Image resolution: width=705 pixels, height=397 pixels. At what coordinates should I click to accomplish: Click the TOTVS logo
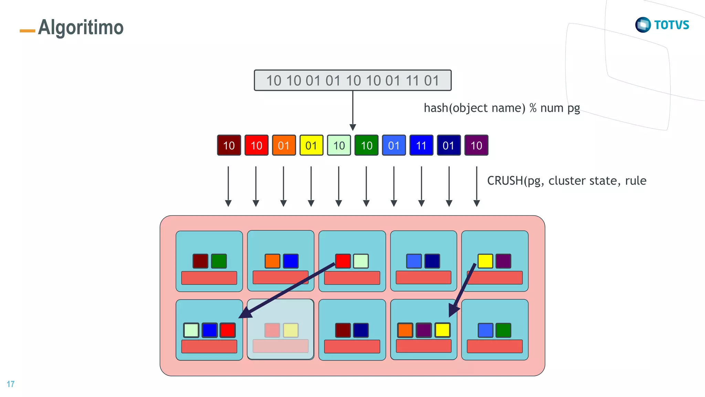[x=662, y=25]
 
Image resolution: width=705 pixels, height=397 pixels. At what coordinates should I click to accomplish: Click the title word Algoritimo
[x=81, y=28]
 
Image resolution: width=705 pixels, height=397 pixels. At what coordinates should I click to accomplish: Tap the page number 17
[x=11, y=384]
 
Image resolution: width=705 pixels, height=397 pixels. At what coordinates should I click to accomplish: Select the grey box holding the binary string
[x=352, y=81]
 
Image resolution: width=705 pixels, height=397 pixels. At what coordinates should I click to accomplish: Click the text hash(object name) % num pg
[x=502, y=108]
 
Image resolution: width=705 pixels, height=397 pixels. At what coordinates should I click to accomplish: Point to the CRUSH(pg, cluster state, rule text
[x=566, y=181]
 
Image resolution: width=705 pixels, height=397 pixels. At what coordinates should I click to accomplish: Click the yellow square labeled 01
[x=311, y=145]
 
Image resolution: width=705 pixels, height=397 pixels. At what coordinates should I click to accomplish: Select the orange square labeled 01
[x=284, y=145]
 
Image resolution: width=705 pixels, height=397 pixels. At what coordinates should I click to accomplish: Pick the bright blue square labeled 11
[x=421, y=145]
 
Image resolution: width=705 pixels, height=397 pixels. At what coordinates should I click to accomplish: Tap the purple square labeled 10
[x=476, y=145]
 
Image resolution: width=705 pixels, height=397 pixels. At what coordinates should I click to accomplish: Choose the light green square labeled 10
[x=339, y=145]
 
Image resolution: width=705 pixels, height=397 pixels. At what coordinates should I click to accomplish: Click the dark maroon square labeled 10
[x=229, y=145]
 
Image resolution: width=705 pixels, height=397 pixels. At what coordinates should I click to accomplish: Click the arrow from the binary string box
[x=352, y=110]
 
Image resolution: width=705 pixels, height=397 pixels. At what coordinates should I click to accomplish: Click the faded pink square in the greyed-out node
[x=272, y=330]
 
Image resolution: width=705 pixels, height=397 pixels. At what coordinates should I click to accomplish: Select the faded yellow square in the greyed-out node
[x=291, y=330]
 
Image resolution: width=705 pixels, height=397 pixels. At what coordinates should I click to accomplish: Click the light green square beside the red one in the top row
[x=361, y=261]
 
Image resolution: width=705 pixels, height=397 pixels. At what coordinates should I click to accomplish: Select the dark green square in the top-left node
[x=219, y=261]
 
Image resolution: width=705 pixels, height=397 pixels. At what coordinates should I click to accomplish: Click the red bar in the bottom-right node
[x=494, y=346]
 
